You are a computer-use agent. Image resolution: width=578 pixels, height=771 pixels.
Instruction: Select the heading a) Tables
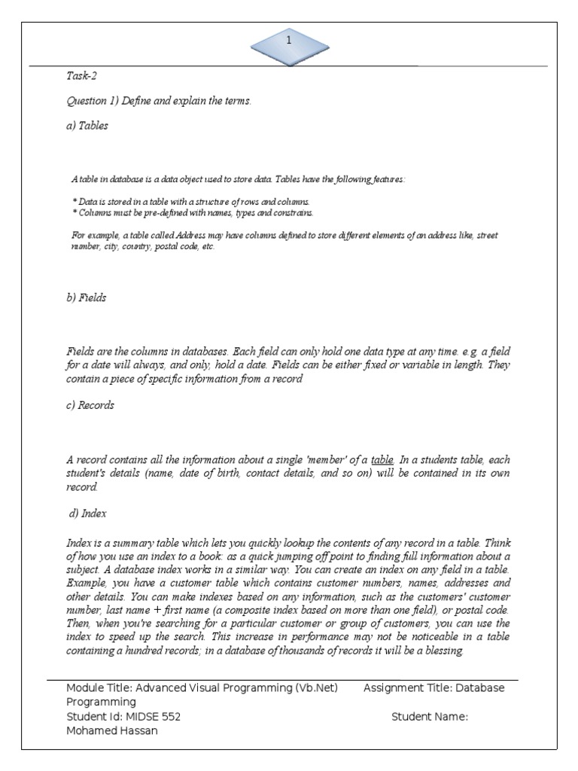(x=87, y=126)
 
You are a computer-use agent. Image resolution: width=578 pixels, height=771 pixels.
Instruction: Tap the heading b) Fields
(x=87, y=297)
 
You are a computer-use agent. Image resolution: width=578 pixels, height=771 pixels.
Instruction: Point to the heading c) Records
(x=90, y=405)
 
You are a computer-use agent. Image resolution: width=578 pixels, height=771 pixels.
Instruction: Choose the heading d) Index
(x=88, y=513)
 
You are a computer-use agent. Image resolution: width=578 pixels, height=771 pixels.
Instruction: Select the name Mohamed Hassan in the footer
(x=112, y=731)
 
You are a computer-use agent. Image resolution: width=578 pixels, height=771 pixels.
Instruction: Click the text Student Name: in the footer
(x=430, y=717)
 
